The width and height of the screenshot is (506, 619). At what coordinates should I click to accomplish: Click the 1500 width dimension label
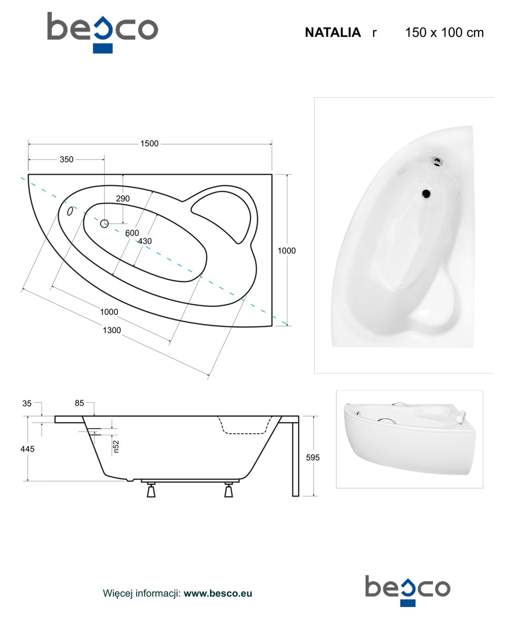149,144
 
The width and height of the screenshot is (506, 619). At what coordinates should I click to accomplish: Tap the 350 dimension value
66,159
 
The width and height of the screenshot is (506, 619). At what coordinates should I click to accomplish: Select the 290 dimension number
122,198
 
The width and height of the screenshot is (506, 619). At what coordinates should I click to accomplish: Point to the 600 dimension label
132,233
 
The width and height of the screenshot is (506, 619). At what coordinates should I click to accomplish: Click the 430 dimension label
145,241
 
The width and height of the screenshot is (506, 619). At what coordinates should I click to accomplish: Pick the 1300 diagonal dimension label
112,330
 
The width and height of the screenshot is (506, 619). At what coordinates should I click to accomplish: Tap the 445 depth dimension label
27,449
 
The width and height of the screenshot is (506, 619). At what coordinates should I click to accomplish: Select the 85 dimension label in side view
79,403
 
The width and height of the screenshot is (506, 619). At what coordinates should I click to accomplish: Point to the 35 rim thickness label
27,403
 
